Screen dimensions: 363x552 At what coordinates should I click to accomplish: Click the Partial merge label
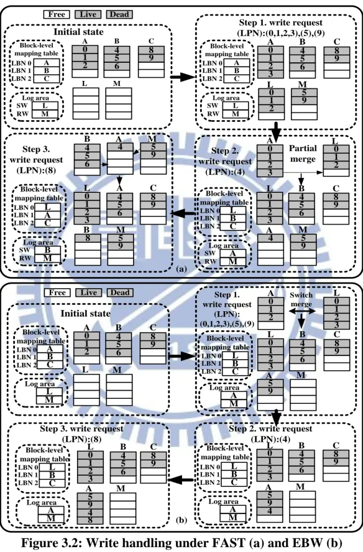[x=303, y=154]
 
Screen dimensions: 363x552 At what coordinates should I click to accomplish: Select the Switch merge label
[x=301, y=299]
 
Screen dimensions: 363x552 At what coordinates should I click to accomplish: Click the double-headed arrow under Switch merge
[x=302, y=311]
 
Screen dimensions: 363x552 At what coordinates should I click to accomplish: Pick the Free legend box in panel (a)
[x=57, y=14]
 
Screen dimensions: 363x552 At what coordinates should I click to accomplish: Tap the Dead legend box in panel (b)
[x=120, y=293]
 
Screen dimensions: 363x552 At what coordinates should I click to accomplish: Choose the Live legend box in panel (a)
[x=88, y=14]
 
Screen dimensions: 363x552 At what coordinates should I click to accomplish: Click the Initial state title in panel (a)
[x=78, y=32]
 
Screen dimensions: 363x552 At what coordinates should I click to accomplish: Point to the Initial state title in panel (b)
[x=85, y=313]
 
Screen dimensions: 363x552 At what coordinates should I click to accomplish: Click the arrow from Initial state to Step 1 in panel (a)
[x=183, y=77]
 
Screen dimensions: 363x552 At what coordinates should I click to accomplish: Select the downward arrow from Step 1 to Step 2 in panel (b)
[x=277, y=418]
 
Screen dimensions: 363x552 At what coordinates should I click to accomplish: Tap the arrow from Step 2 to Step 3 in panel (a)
[x=183, y=213]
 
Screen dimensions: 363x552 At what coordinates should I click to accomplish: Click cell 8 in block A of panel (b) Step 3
[x=90, y=520]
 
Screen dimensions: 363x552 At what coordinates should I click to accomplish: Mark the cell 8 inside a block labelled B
[x=87, y=238]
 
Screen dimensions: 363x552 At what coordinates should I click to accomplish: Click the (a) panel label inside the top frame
[x=182, y=269]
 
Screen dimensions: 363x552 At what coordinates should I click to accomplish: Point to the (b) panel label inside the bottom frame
[x=182, y=520]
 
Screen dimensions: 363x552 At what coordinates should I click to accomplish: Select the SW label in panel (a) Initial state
[x=22, y=106]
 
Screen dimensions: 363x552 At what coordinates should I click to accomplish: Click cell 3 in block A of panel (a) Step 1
[x=270, y=74]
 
